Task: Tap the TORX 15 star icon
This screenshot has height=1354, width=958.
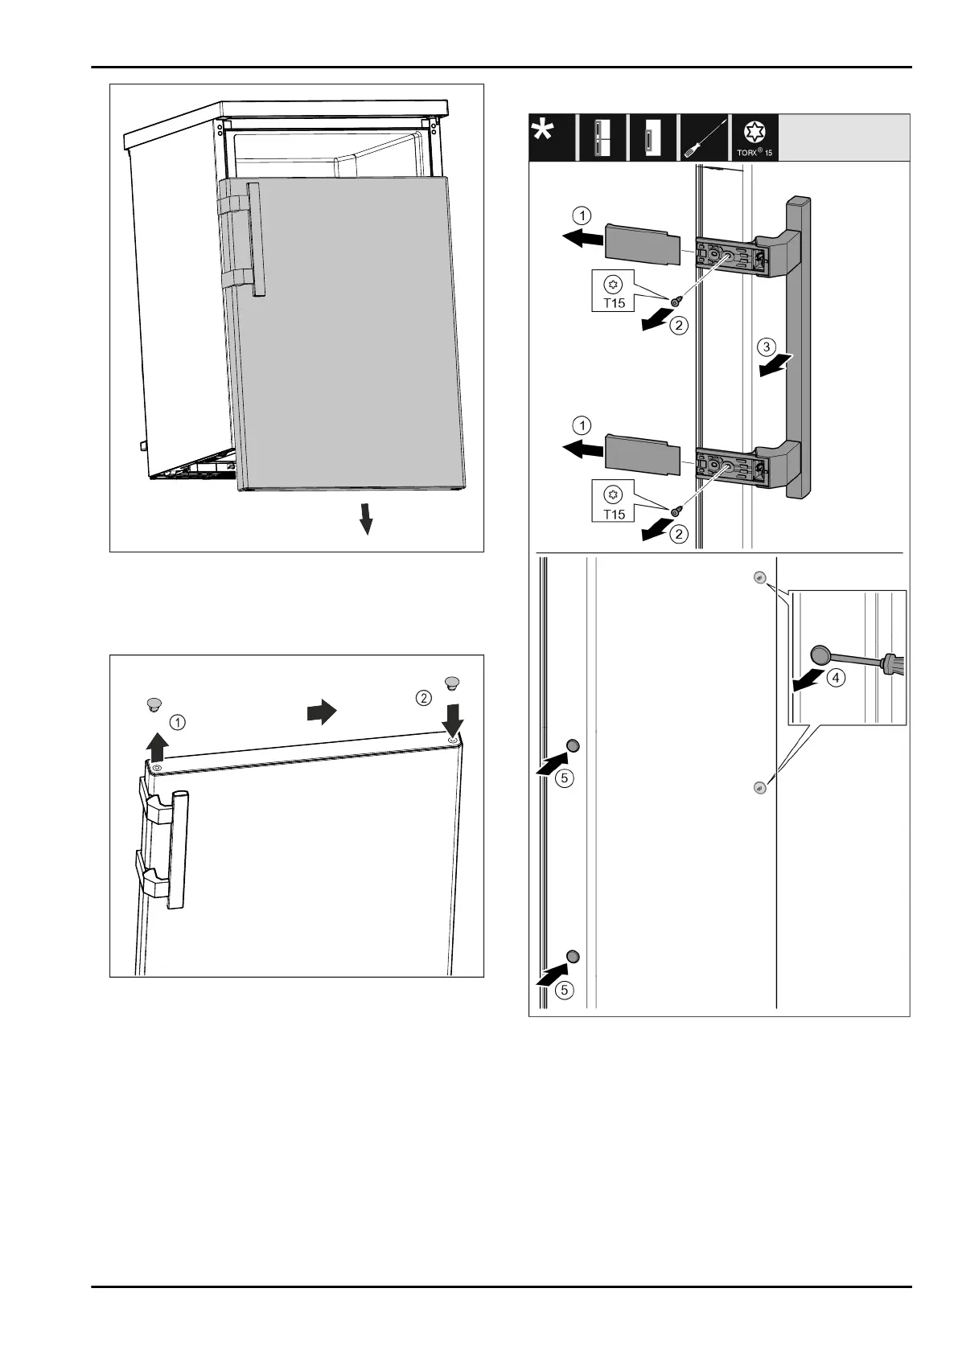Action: tap(755, 132)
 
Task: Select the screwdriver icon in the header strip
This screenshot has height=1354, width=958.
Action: tap(703, 138)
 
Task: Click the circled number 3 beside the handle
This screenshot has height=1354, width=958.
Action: tap(768, 348)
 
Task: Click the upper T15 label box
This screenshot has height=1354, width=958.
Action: tap(614, 292)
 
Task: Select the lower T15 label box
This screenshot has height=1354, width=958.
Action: tap(614, 502)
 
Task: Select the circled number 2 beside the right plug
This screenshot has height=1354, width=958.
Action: tap(424, 698)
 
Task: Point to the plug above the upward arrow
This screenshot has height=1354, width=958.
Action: tap(154, 705)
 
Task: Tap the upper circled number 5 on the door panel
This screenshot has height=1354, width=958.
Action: tap(565, 778)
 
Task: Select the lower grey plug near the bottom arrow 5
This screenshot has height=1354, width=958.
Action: tap(573, 955)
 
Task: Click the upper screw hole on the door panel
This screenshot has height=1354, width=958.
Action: tap(759, 578)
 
